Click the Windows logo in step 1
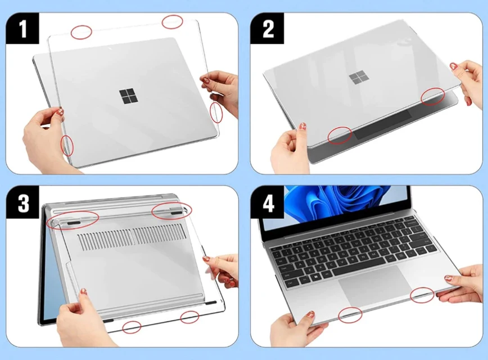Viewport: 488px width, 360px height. (x=129, y=96)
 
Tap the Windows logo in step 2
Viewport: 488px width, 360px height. (x=356, y=78)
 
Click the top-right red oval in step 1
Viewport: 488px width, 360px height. (x=173, y=21)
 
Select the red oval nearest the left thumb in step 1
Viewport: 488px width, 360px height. (x=67, y=145)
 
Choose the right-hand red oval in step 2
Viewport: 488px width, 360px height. (x=433, y=96)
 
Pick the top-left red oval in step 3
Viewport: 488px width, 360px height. (x=73, y=219)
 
